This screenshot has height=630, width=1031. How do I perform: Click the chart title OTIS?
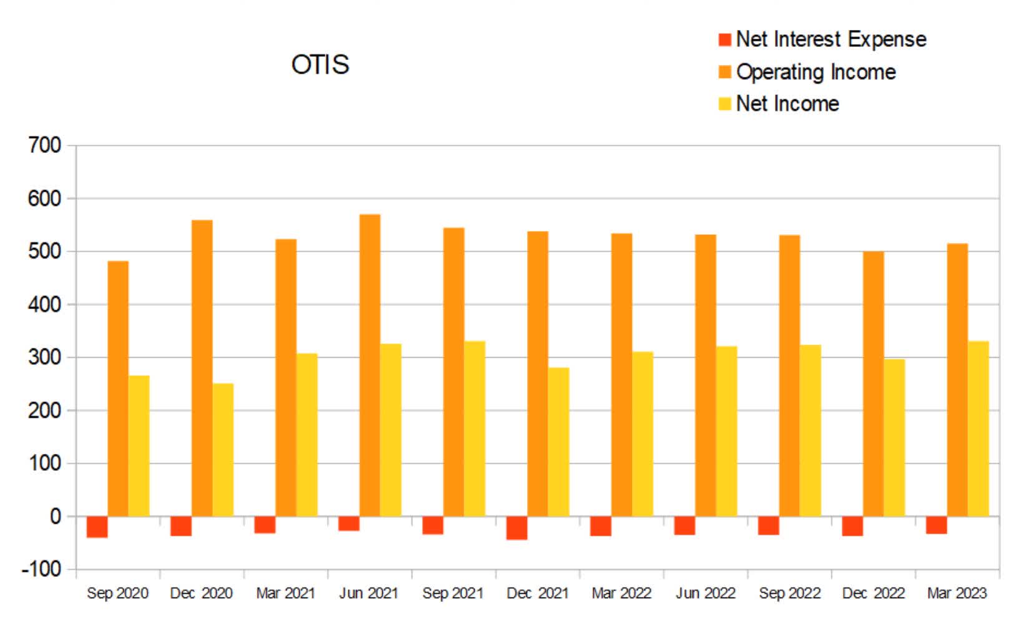coord(320,64)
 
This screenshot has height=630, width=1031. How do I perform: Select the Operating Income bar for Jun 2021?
coord(370,365)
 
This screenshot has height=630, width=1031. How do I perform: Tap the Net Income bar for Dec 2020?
coord(223,450)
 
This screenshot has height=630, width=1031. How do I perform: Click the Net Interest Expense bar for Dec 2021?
coord(516,528)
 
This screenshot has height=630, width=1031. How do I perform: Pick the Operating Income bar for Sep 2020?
coord(118,388)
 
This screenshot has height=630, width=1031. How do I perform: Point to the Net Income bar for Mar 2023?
coord(978,428)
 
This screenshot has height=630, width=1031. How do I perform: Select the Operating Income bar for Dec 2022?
coord(873,383)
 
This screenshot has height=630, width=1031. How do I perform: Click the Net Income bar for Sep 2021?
coord(475,428)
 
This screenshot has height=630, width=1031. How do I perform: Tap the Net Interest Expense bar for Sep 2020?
coord(97,527)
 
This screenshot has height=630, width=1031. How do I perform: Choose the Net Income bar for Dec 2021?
coord(558,441)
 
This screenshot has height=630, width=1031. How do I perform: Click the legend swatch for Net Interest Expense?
coord(724,40)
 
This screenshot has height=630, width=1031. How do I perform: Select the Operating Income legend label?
coord(816,72)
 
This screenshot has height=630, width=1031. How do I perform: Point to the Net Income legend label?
coord(787,104)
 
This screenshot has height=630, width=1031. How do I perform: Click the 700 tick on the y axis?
coord(45,145)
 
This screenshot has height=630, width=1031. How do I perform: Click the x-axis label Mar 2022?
coord(621,593)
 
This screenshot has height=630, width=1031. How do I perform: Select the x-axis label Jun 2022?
coord(705,593)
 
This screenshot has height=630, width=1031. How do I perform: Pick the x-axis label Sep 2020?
coord(117,593)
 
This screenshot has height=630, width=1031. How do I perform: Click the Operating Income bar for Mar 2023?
coord(957,380)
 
